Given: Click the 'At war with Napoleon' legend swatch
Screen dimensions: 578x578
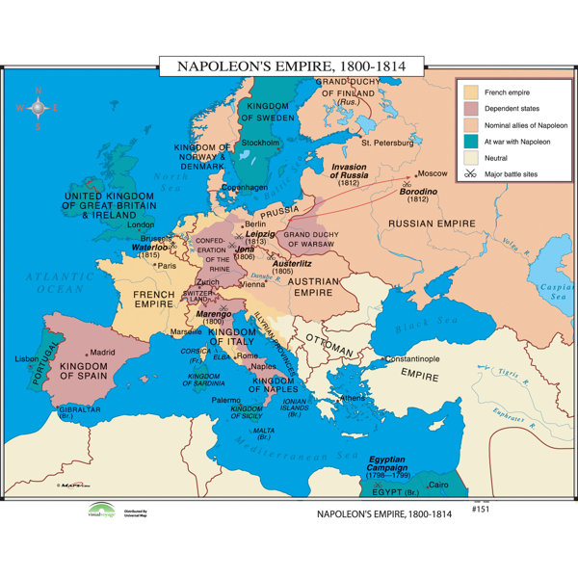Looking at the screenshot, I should pos(469,141).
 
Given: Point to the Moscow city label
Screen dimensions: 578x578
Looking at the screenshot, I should pos(433,173).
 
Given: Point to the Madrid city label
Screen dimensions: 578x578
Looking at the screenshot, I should pos(102,352).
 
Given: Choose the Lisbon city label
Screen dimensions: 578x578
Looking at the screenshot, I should pos(26,357).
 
